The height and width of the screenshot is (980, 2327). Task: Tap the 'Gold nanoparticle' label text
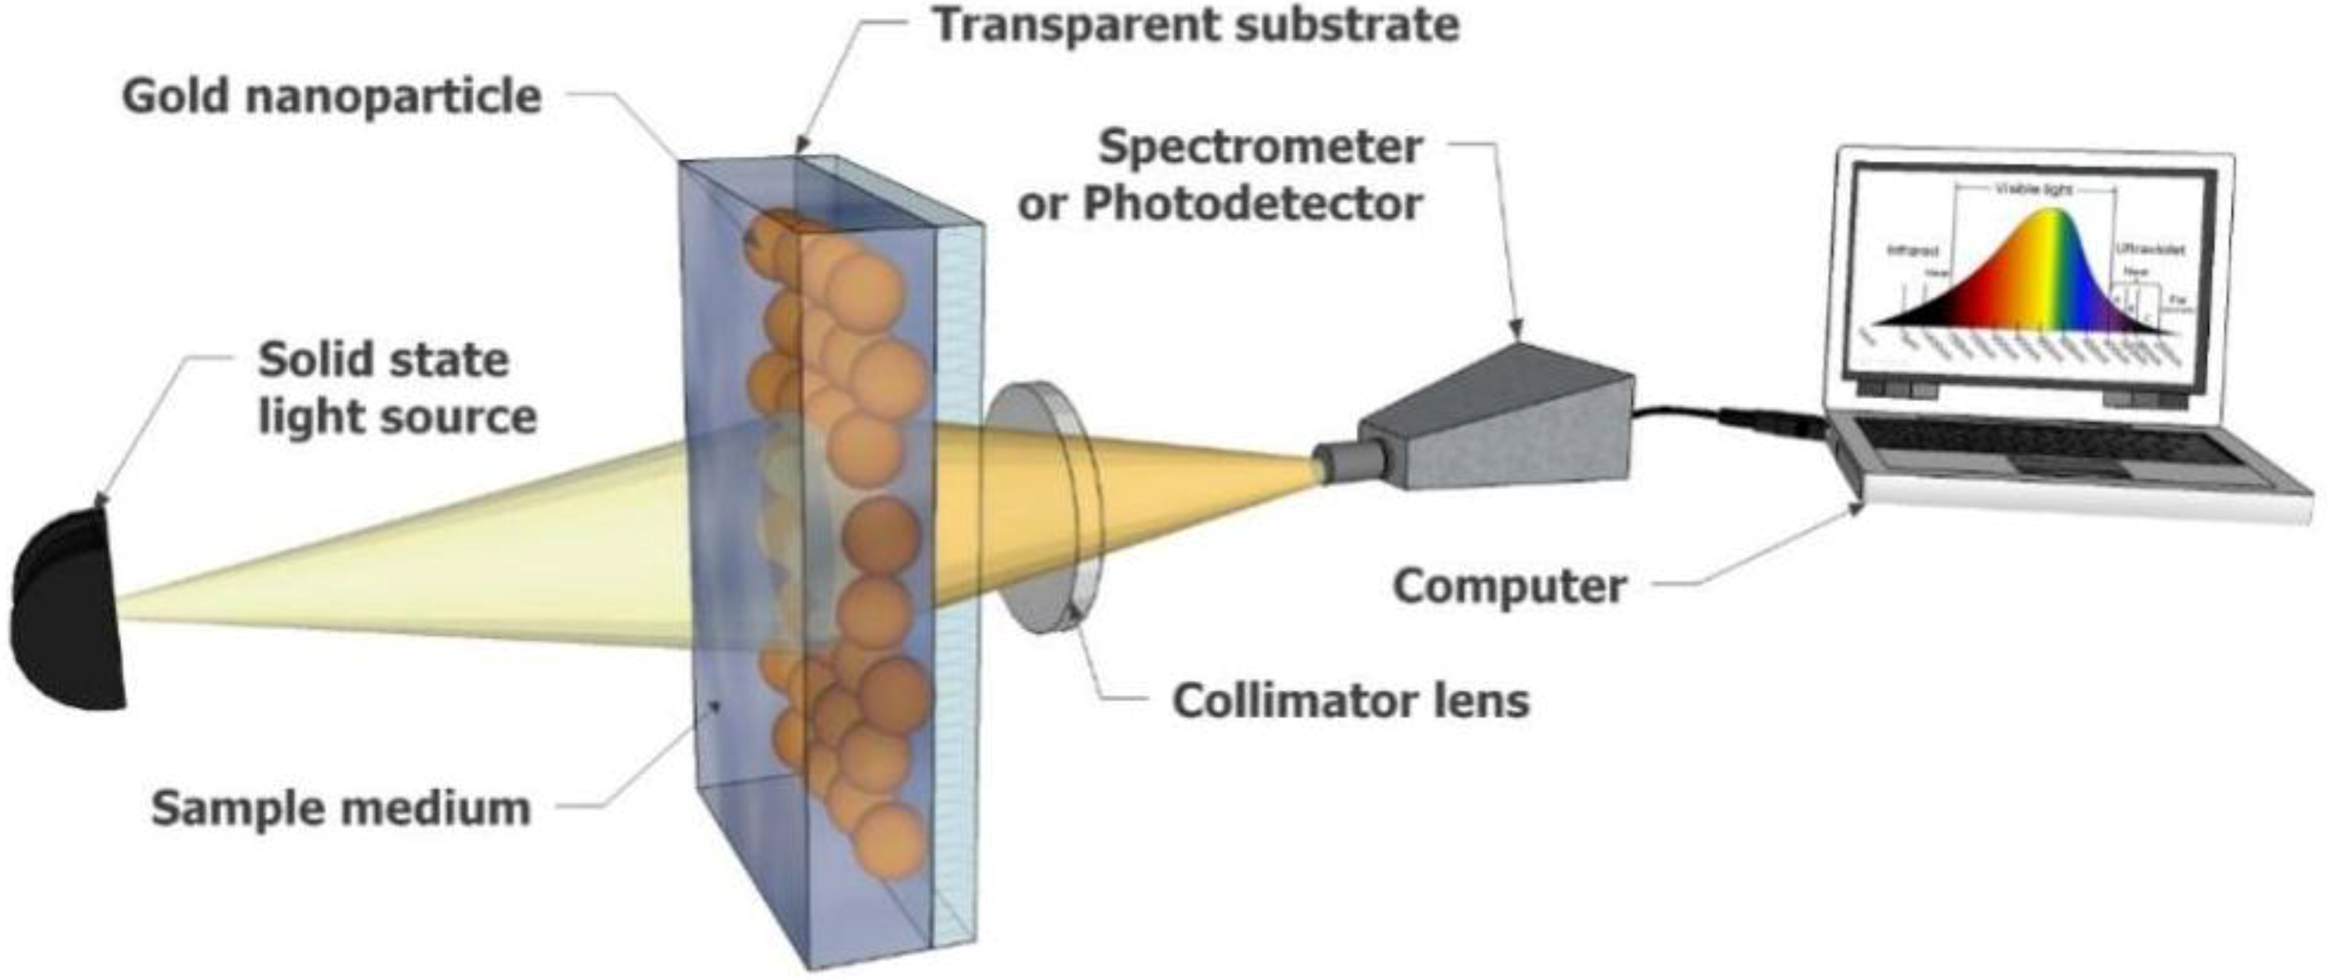click(x=332, y=97)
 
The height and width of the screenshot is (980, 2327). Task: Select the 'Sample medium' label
click(x=341, y=807)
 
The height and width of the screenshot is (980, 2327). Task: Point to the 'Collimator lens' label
click(x=1351, y=700)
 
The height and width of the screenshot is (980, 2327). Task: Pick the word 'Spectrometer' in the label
click(x=1260, y=147)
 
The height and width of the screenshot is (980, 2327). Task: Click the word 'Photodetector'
click(x=1253, y=204)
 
